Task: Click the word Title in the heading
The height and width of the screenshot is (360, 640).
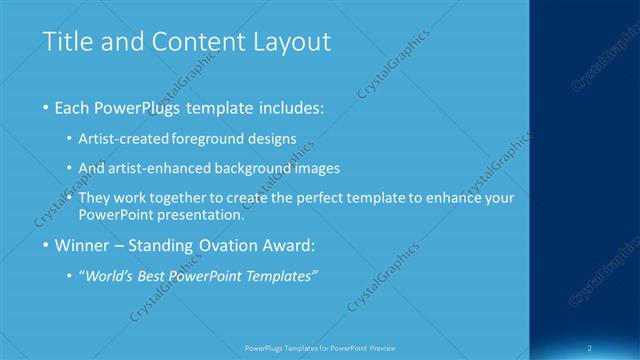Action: click(x=65, y=42)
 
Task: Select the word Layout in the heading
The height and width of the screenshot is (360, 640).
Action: click(x=290, y=42)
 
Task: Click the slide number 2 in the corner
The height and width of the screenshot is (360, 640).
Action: click(x=592, y=348)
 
